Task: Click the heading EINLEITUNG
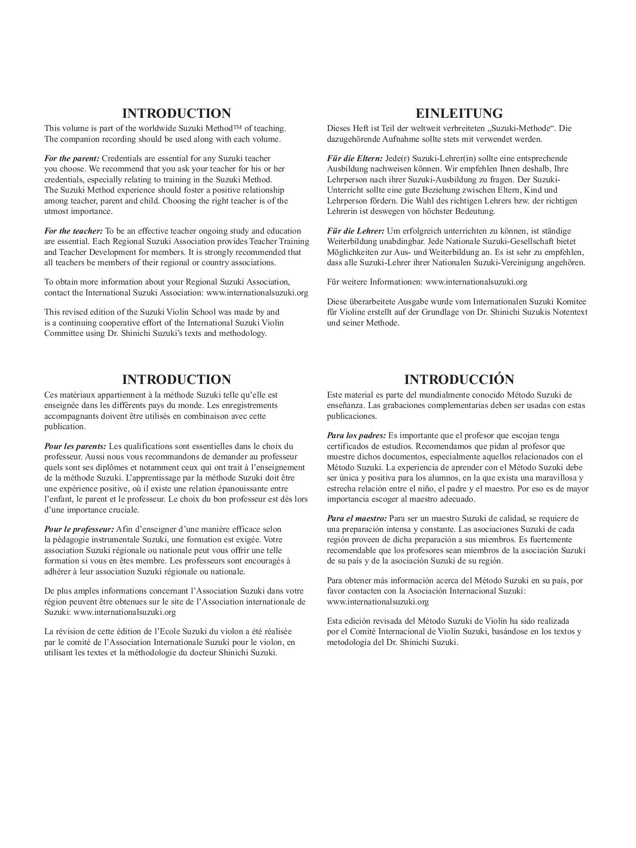[459, 114]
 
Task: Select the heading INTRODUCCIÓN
[459, 379]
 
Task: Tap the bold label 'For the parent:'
[72, 158]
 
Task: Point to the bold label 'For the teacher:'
[73, 231]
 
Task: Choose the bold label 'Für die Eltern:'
[355, 158]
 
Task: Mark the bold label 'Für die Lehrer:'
[356, 231]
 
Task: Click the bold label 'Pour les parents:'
[75, 446]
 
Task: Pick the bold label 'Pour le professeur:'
[79, 529]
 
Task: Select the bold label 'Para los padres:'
[356, 435]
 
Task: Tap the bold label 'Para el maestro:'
[357, 518]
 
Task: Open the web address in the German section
[476, 282]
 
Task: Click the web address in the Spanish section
[378, 602]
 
